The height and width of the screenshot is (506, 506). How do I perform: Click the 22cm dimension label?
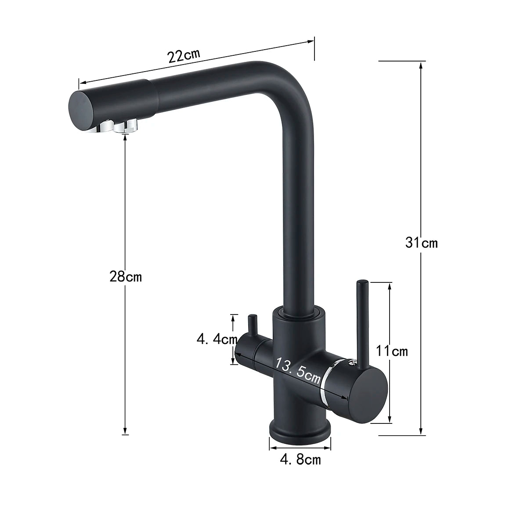183,56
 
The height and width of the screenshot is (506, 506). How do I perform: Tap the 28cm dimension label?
126,277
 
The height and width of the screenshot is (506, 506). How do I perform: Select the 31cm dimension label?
421,242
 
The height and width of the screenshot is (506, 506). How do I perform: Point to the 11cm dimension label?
392,351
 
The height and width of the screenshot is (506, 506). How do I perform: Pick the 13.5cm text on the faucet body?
297,370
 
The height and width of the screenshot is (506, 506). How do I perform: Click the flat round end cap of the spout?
80,109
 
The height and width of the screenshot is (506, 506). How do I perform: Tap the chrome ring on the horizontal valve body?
325,379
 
